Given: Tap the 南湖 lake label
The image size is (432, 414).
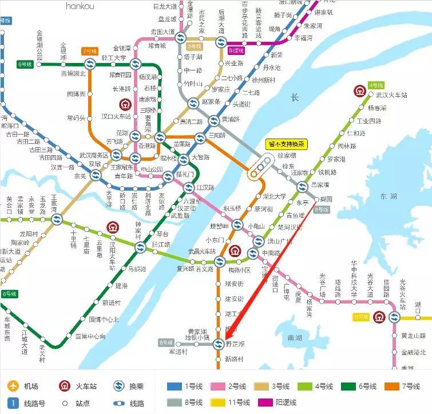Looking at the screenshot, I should pyautogui.click(x=295, y=338).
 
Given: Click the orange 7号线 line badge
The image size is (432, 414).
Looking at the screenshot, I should pyautogui.click(x=90, y=51).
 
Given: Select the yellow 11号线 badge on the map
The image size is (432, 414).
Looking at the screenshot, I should pyautogui.click(x=360, y=317).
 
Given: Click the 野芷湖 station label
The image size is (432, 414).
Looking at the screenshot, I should pyautogui.click(x=235, y=344).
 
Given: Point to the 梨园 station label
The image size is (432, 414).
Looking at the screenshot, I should pyautogui.click(x=327, y=199).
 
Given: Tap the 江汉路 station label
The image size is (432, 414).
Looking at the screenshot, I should pyautogui.click(x=205, y=187).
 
